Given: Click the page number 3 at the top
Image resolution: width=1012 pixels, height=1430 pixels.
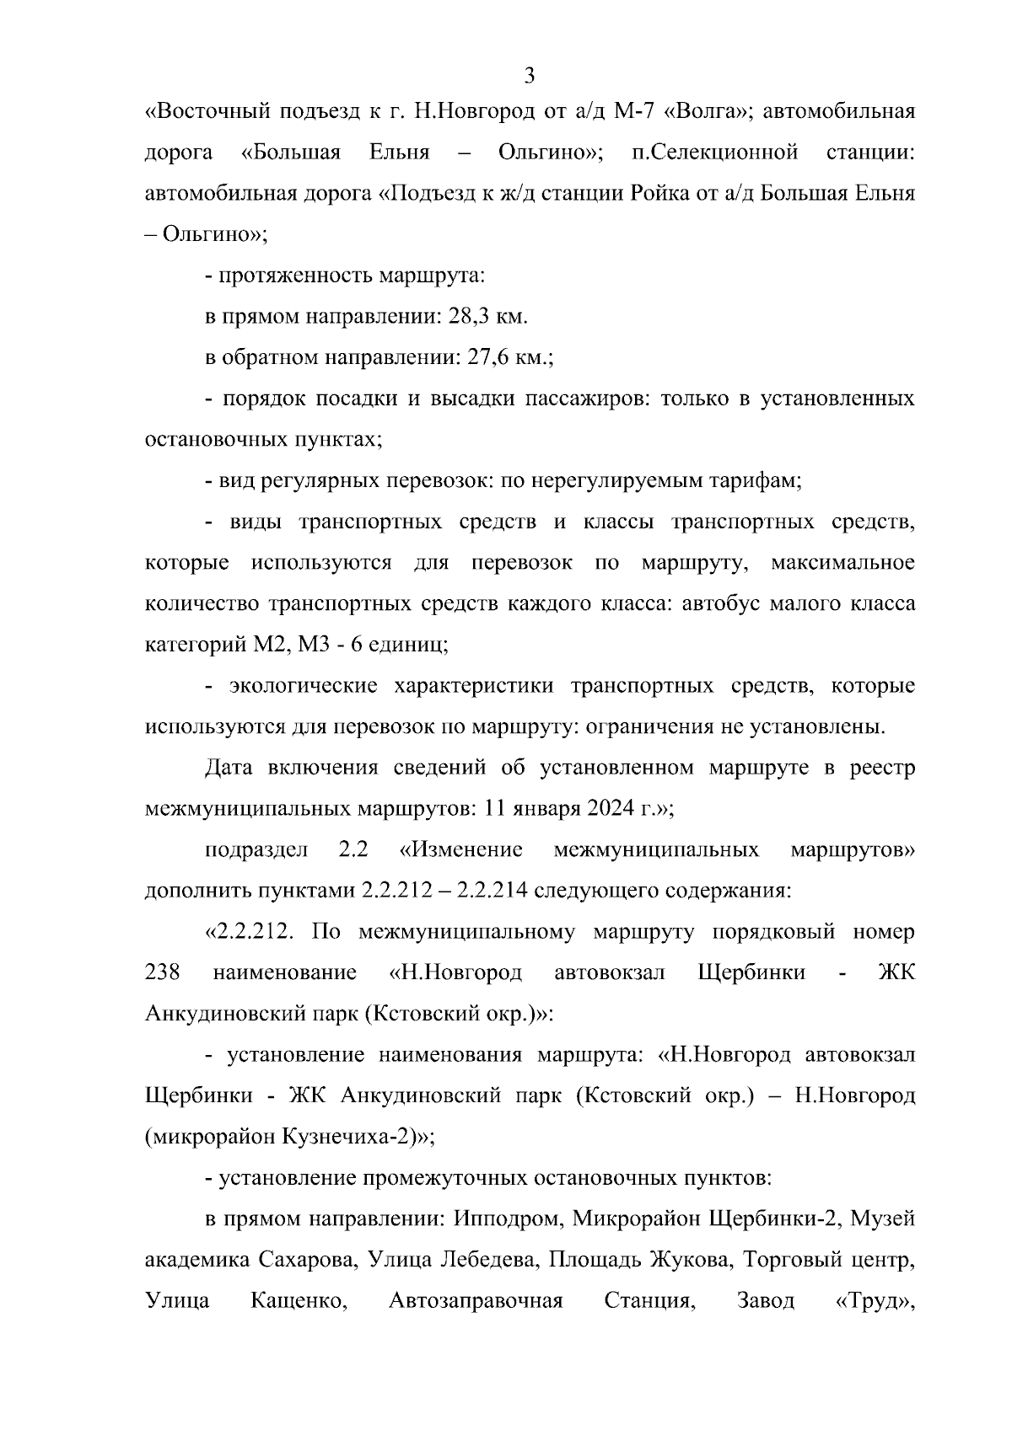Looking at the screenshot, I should pyautogui.click(x=530, y=77).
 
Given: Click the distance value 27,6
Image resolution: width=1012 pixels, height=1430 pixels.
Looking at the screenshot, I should pyautogui.click(x=484, y=357).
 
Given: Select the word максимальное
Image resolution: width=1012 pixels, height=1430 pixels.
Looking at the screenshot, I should pyautogui.click(x=842, y=563).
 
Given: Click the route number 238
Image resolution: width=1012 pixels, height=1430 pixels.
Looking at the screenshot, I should pyautogui.click(x=163, y=973).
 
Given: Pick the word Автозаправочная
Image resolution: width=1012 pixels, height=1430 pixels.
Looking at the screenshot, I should pyautogui.click(x=476, y=1301).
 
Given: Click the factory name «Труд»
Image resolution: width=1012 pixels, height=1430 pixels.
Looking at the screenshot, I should pyautogui.click(x=875, y=1301).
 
